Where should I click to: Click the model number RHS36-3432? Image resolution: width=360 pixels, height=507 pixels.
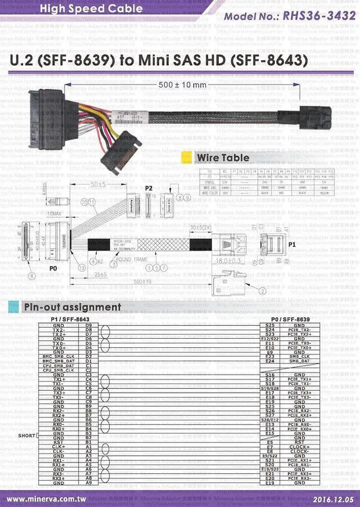[319, 16]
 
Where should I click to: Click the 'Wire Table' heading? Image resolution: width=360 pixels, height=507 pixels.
[223, 158]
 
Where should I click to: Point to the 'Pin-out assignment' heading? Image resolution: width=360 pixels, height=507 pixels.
[72, 307]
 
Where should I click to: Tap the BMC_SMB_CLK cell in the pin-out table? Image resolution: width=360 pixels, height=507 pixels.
[58, 356]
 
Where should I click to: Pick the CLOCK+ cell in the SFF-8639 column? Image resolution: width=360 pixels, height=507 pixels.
[300, 447]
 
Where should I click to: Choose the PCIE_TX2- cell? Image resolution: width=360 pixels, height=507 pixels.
[300, 330]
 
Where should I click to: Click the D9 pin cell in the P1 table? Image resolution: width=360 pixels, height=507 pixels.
[88, 325]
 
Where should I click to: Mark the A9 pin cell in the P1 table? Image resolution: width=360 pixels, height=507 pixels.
[88, 483]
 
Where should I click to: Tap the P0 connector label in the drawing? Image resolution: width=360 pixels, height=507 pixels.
[53, 269]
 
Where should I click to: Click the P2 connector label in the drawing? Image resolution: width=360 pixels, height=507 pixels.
[149, 188]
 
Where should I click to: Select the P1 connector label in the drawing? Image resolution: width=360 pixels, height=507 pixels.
[291, 245]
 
